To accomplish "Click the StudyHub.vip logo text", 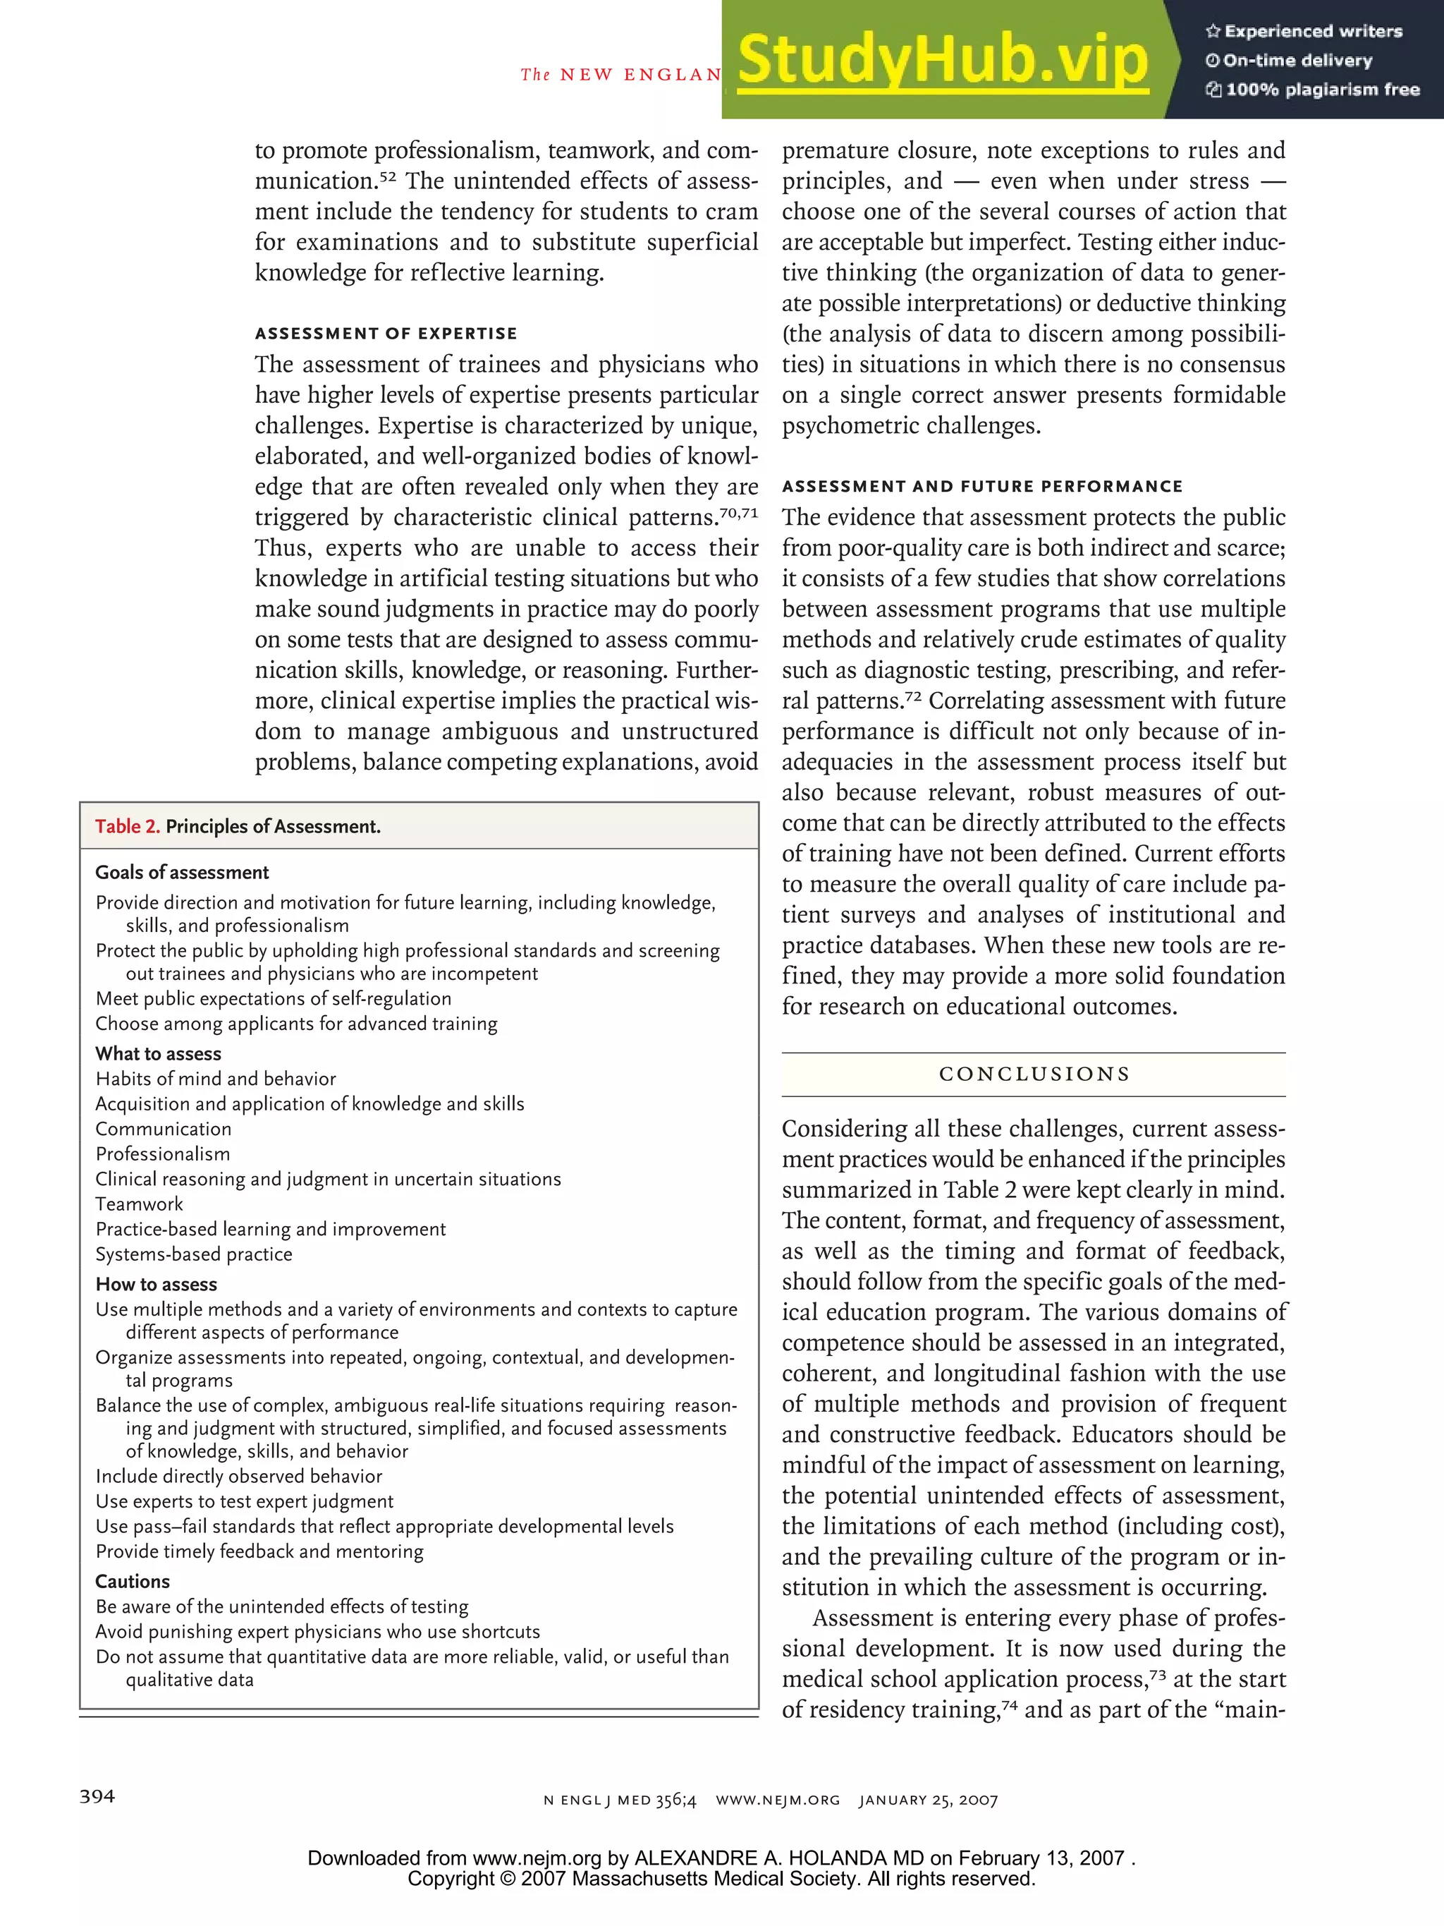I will [x=943, y=60].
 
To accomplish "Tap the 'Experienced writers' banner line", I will [x=1304, y=31].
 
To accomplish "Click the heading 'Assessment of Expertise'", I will [x=386, y=334].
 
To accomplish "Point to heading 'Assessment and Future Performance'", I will [x=981, y=487].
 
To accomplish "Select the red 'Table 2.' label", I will [x=127, y=826].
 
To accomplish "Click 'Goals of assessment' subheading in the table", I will [x=182, y=873].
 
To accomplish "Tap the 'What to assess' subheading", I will [x=159, y=1053].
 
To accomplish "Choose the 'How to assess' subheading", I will [x=157, y=1284].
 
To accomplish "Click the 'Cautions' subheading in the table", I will [x=133, y=1581].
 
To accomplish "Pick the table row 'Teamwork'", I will [x=140, y=1204].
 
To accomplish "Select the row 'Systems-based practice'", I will [x=194, y=1254].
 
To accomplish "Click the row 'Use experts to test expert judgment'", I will [x=245, y=1501].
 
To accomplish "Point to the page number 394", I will [x=97, y=1796].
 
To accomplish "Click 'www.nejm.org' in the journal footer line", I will [x=777, y=1800].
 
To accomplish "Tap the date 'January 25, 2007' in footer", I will [x=928, y=1800].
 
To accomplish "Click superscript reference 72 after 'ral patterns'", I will [x=912, y=696].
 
